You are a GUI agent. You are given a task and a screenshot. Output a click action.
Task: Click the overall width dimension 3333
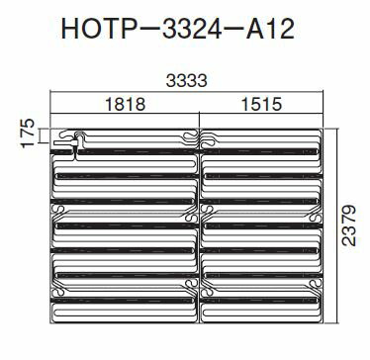[187, 81]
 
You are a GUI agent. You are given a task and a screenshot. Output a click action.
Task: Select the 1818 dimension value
[125, 104]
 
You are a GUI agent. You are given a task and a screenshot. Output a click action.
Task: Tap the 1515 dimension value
[261, 104]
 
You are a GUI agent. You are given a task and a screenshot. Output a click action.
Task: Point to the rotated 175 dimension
[28, 134]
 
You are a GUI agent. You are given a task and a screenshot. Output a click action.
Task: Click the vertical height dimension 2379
[349, 225]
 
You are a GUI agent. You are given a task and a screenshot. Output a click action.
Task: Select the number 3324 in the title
[191, 29]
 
